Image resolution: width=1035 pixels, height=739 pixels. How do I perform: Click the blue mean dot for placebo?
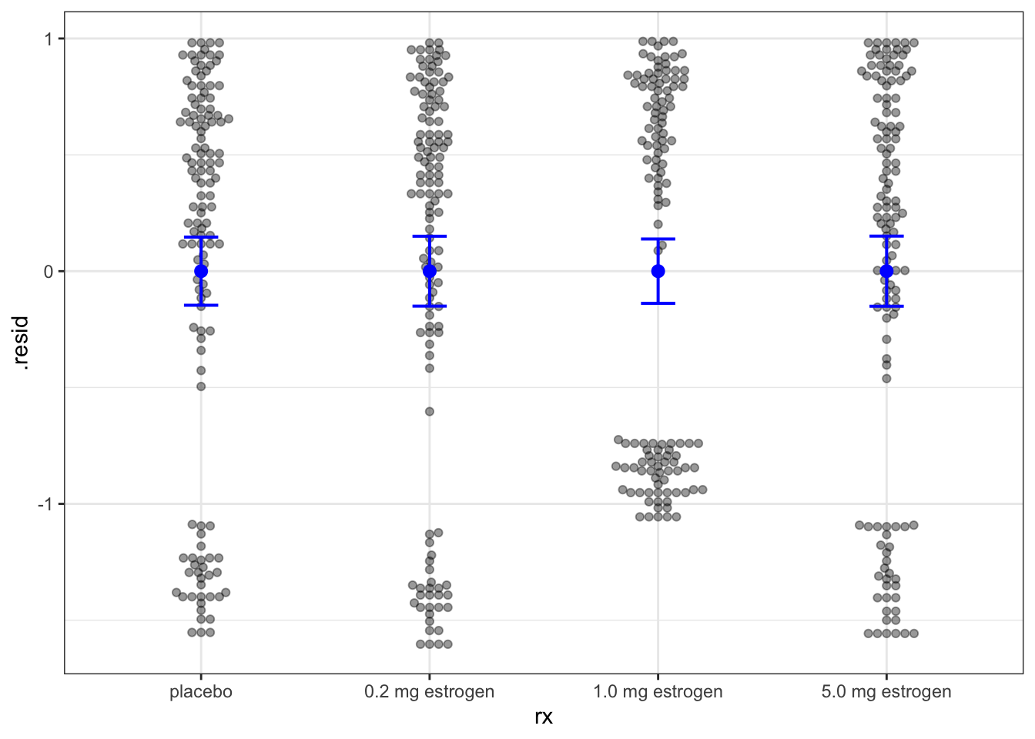coord(201,271)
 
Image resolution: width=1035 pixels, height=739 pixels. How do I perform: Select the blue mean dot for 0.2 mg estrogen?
coord(430,271)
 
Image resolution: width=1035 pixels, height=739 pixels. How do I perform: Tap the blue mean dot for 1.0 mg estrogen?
coord(658,271)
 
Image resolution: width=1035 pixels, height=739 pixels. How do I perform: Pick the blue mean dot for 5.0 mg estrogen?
coord(886,271)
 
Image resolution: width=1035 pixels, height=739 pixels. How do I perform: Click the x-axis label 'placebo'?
coord(201,691)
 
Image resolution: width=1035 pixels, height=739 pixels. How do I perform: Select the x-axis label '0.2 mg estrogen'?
coord(430,691)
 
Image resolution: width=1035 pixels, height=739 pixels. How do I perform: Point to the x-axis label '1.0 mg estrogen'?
coord(658,691)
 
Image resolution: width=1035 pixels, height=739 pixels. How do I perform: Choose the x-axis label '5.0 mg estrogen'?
coord(886,691)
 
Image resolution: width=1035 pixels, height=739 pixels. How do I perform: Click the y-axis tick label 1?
coord(49,38)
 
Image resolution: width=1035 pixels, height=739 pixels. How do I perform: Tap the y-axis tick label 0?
coord(49,272)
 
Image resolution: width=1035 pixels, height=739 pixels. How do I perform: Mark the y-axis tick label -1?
coord(45,504)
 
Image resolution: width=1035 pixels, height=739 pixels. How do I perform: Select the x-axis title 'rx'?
coord(544,717)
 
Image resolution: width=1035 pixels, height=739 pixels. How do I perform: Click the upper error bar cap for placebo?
coord(201,237)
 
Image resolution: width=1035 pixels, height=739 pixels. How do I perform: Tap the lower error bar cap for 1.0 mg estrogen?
coord(658,303)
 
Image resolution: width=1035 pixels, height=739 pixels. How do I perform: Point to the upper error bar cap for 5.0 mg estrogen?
coord(886,236)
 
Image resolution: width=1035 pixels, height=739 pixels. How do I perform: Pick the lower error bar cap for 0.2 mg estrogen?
coord(430,306)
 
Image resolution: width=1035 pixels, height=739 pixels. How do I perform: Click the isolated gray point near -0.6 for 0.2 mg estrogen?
coord(430,412)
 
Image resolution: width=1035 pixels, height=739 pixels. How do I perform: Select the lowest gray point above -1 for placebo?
coord(201,386)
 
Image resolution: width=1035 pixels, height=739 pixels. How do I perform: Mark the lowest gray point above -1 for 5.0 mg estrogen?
coord(886,379)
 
